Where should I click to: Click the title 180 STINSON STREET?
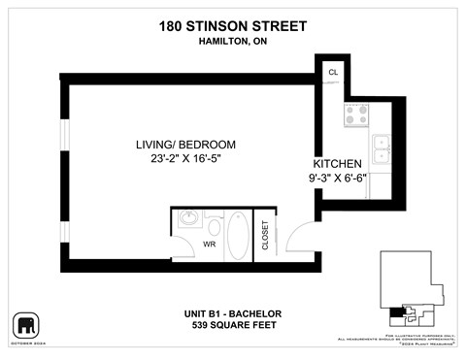(x=232, y=26)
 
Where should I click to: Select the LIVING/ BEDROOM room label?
(x=185, y=145)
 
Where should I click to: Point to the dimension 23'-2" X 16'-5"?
(x=185, y=159)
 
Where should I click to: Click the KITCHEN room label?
(x=337, y=163)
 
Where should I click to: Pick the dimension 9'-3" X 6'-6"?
(x=337, y=178)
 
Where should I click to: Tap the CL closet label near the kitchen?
(x=333, y=73)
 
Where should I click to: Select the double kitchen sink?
(x=380, y=147)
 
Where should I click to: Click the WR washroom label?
(x=208, y=244)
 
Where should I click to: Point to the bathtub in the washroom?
(x=238, y=238)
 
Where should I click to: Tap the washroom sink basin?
(x=188, y=219)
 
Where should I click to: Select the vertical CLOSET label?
(x=266, y=236)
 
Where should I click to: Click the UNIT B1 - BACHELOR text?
(x=232, y=313)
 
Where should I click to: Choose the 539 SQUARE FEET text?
(x=232, y=325)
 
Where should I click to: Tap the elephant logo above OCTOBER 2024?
(x=24, y=323)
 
